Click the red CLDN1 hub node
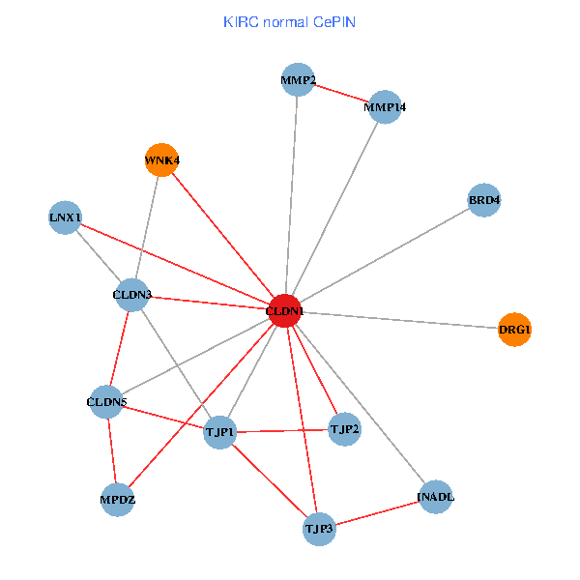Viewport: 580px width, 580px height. click(x=284, y=311)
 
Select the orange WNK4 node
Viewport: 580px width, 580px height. click(x=161, y=159)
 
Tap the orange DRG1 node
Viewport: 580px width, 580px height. click(x=514, y=330)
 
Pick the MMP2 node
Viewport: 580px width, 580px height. click(x=299, y=80)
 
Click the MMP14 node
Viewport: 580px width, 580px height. click(x=385, y=107)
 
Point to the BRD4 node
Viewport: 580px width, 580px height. click(x=484, y=200)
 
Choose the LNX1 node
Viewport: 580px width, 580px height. click(x=65, y=217)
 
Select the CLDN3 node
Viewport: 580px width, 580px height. click(x=132, y=294)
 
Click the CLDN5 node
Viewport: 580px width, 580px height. click(x=106, y=401)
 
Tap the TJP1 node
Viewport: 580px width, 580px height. click(x=220, y=432)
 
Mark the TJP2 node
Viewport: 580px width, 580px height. click(x=344, y=428)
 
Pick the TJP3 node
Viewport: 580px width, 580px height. click(x=319, y=529)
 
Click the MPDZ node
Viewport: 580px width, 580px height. click(x=117, y=500)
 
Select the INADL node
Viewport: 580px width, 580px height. click(x=436, y=497)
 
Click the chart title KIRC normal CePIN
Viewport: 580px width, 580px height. click(x=289, y=21)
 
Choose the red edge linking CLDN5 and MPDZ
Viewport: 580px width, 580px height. click(x=111, y=450)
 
